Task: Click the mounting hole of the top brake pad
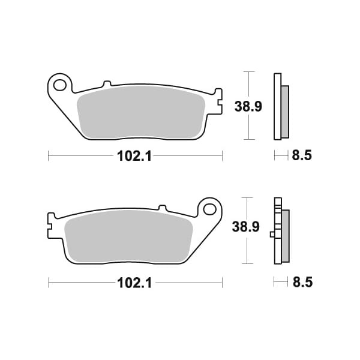[59, 85]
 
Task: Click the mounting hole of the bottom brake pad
[209, 209]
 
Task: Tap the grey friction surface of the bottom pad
[128, 238]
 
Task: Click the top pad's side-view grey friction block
[285, 112]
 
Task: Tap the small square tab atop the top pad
[107, 83]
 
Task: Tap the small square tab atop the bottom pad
[161, 208]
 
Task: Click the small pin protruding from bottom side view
[272, 234]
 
